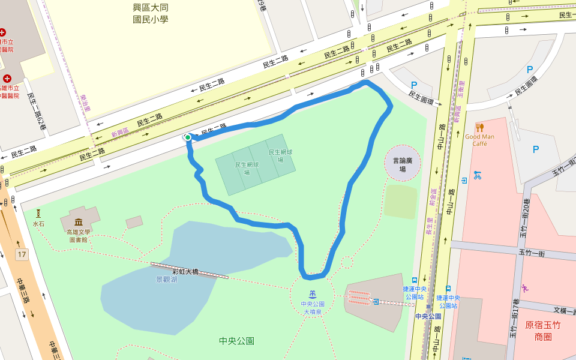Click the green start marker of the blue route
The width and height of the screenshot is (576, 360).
188,137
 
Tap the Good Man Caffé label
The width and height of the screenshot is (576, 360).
479,140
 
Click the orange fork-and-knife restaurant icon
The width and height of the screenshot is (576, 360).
479,127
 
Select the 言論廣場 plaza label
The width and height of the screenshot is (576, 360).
403,164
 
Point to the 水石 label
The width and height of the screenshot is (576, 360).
38,224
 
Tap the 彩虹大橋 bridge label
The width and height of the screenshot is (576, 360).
185,271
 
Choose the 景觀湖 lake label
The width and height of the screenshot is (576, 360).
166,280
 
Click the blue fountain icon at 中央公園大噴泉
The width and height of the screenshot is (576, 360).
313,295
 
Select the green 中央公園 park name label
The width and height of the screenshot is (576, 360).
236,341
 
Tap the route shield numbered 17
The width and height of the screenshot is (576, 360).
22,255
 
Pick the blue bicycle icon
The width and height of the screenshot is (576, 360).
477,175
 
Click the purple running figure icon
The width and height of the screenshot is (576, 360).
525,287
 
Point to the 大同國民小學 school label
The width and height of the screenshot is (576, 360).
151,14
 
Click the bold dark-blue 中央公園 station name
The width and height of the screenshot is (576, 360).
428,316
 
